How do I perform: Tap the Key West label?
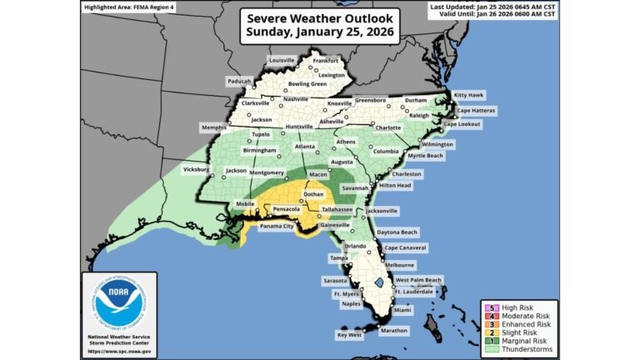351,335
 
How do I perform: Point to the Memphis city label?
214,127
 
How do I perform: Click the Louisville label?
282,61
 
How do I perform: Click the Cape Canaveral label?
405,247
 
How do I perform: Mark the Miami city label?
402,310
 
